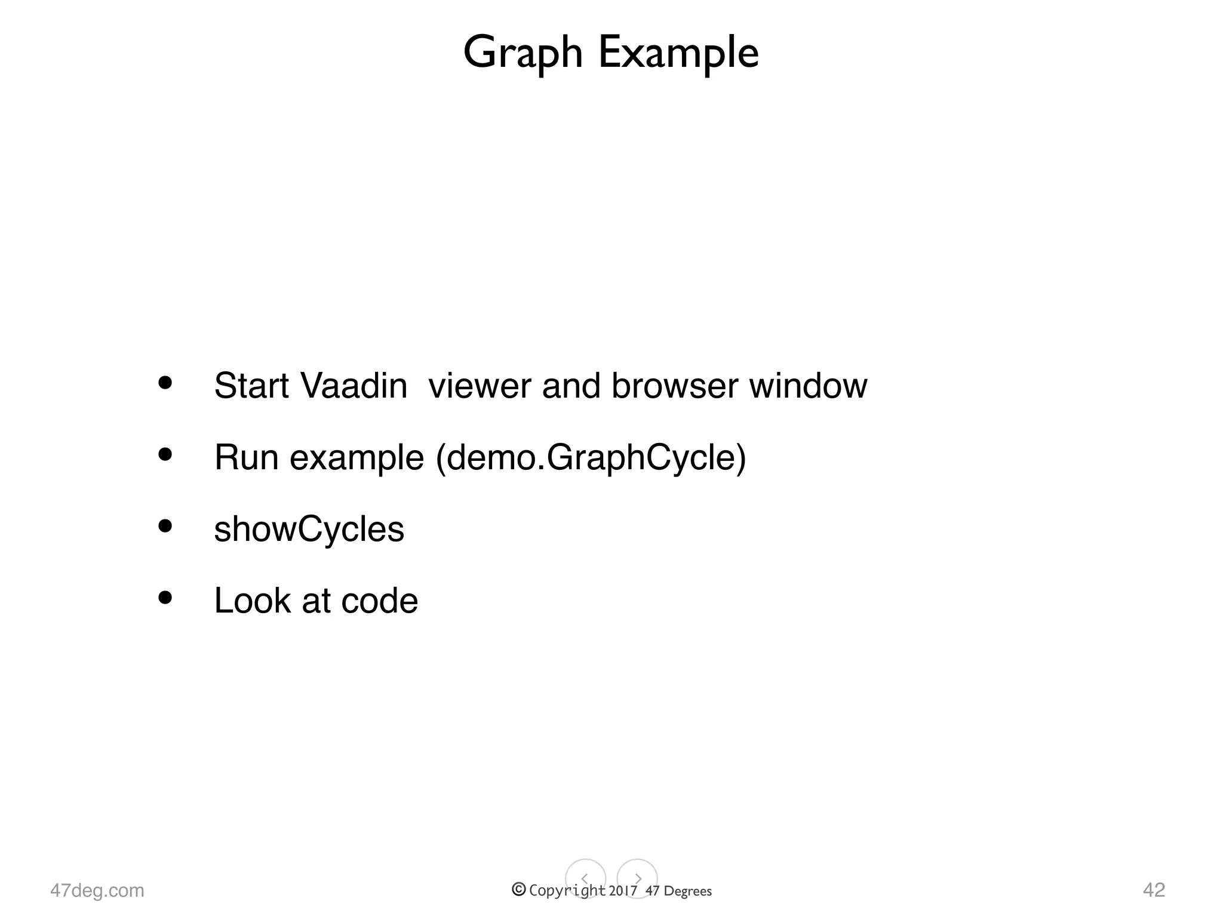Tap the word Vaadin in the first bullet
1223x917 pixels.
[354, 385]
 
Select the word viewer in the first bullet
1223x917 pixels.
[480, 385]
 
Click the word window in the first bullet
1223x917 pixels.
[808, 385]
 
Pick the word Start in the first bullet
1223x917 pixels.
[251, 385]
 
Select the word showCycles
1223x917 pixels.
[309, 529]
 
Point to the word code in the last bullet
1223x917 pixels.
[379, 601]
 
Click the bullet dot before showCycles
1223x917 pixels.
[165, 526]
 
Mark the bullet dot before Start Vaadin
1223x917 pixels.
[165, 383]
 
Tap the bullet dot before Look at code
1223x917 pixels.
[165, 597]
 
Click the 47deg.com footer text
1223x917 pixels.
[97, 890]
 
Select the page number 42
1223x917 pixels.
[1154, 890]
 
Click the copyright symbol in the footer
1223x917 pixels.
[519, 890]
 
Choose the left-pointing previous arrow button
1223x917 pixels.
[585, 879]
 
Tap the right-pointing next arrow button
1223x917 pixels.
[637, 879]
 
